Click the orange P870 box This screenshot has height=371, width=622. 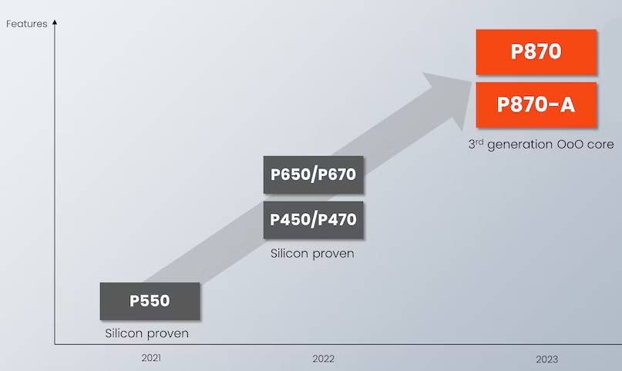click(x=536, y=52)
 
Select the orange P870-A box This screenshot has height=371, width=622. click(x=536, y=105)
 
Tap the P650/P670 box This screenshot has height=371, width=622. click(x=314, y=175)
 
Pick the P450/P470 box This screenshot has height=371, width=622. click(x=314, y=219)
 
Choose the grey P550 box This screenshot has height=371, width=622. click(x=150, y=301)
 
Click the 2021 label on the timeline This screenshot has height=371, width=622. click(x=151, y=358)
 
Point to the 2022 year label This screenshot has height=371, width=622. click(x=323, y=359)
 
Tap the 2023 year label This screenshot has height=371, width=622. click(x=547, y=359)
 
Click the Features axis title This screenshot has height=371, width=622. click(x=26, y=24)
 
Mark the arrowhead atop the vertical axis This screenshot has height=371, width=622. click(x=55, y=22)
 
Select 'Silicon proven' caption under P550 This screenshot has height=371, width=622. click(x=146, y=333)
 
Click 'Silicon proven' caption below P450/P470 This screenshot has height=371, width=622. click(x=312, y=253)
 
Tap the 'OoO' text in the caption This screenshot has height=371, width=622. click(x=570, y=144)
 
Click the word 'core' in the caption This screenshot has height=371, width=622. click(x=601, y=145)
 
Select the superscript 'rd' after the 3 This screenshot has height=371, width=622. click(x=479, y=142)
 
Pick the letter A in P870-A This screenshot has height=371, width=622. click(x=567, y=105)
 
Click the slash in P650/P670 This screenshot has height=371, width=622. click(x=314, y=175)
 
